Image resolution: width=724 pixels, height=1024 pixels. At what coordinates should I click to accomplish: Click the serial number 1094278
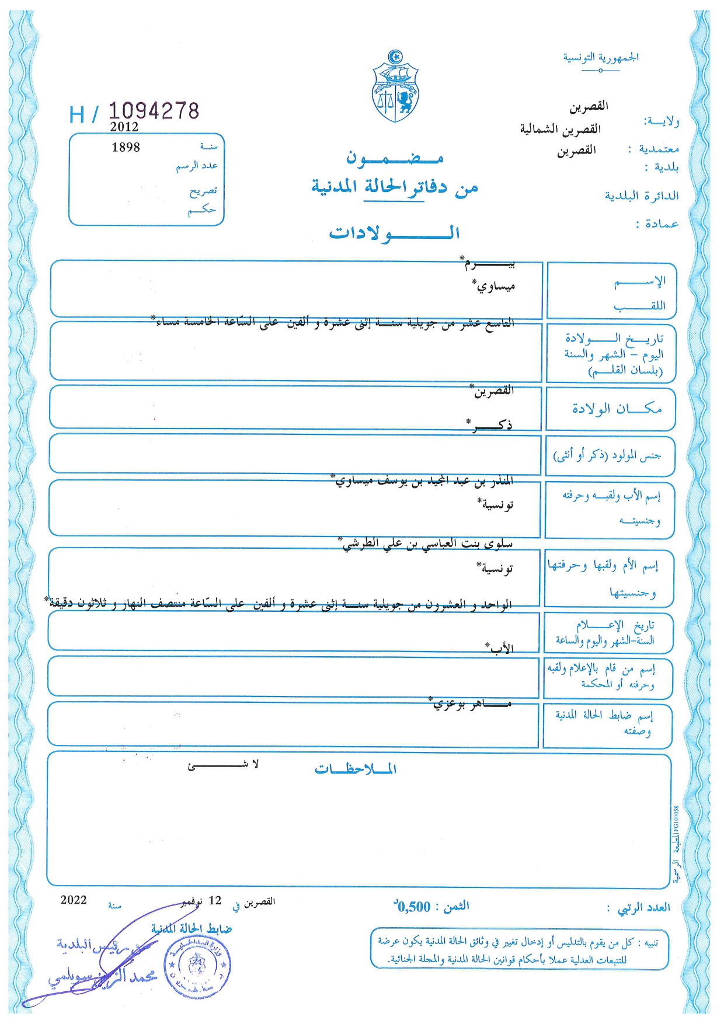click(x=154, y=111)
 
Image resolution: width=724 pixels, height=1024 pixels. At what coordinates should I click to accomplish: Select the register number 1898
click(x=126, y=147)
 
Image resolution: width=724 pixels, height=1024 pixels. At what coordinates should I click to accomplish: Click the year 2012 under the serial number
click(x=124, y=127)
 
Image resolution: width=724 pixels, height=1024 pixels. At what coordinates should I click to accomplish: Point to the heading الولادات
click(x=394, y=234)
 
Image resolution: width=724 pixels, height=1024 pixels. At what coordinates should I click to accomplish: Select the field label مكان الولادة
click(x=617, y=409)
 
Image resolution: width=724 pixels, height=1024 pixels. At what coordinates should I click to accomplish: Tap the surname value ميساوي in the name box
click(x=496, y=287)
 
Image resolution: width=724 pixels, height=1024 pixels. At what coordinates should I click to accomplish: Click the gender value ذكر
click(x=492, y=425)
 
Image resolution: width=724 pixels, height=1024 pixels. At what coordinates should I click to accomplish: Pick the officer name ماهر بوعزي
click(x=472, y=704)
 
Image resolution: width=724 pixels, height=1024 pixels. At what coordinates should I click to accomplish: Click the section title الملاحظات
click(x=355, y=769)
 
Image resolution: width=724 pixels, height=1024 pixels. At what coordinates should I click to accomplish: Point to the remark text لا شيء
click(x=223, y=765)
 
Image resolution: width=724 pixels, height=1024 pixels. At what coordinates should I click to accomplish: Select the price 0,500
click(x=413, y=907)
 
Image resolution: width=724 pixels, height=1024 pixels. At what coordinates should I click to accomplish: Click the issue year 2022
click(x=74, y=900)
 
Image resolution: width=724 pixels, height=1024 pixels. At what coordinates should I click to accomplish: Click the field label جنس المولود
click(x=607, y=455)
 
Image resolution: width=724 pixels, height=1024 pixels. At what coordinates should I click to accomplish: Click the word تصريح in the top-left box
click(x=203, y=191)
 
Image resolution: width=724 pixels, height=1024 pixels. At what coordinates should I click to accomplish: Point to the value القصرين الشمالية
click(x=560, y=129)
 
